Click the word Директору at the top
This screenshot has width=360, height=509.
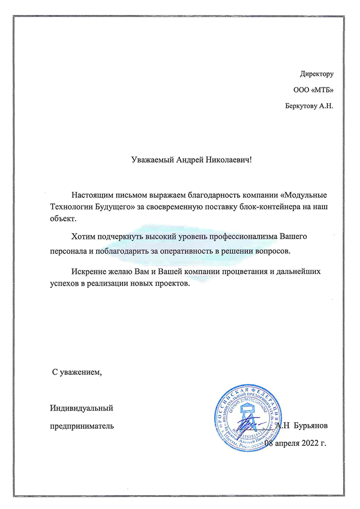[x=316, y=75]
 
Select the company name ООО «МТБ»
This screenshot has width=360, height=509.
[x=313, y=90]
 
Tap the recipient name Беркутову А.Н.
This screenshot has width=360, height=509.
[x=309, y=105]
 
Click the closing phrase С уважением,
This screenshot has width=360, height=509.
[x=77, y=372]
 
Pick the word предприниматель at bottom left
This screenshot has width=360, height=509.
[x=81, y=425]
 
